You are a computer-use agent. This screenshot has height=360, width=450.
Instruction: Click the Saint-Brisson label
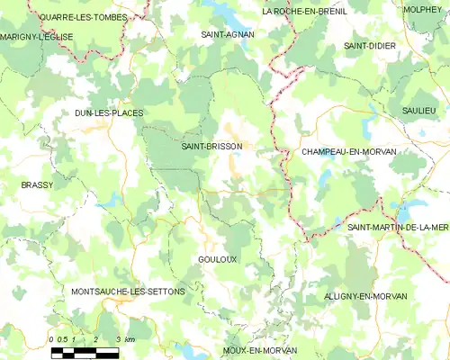pos(211,145)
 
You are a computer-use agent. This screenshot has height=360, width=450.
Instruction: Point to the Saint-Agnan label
pos(227,33)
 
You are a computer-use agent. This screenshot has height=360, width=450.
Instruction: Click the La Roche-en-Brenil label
pos(304,12)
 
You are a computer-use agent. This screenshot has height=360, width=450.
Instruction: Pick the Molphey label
pos(423,9)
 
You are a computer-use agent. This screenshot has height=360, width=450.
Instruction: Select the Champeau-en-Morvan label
pos(348,152)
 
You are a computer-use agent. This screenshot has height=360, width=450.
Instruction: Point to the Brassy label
pos(37,184)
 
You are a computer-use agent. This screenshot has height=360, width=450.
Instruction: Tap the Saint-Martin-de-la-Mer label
pos(398,228)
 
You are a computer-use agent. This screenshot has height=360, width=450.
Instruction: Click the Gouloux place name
pos(217,258)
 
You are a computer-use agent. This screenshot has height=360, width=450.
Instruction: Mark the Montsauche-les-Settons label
pos(127,292)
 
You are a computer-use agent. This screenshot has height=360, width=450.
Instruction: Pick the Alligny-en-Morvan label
pos(365,296)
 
